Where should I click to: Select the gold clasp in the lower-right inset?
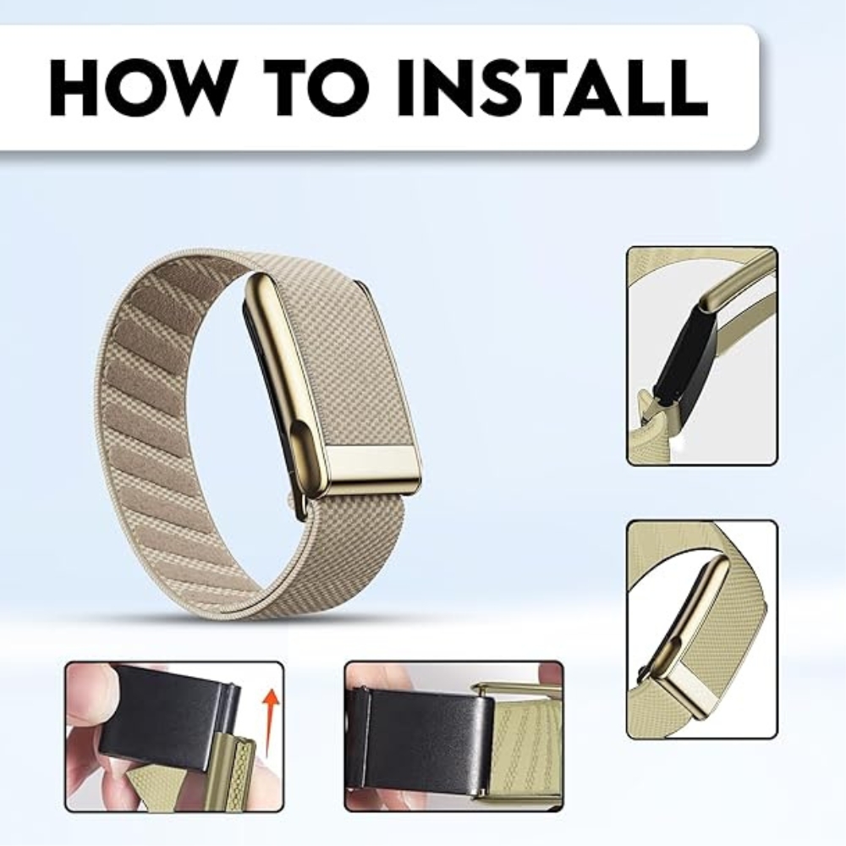click(x=696, y=637)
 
